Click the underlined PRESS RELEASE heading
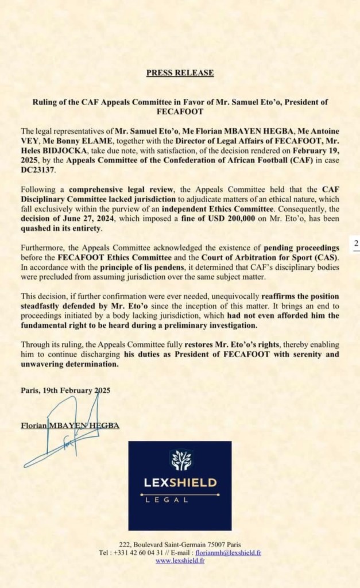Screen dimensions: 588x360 (180, 73)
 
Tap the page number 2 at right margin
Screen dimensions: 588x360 (356, 243)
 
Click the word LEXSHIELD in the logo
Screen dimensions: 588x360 (180, 482)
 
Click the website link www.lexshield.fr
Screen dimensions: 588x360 (180, 560)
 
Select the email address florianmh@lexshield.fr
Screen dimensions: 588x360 (229, 552)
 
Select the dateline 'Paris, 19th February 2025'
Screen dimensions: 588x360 (65, 390)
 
